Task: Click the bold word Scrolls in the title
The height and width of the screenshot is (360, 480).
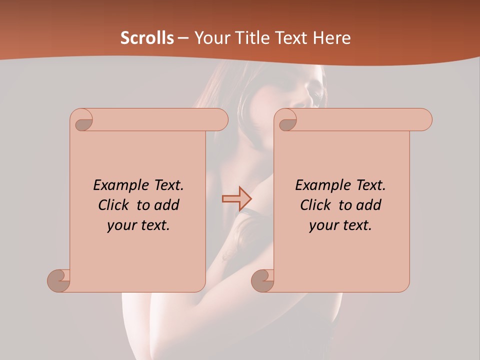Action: pyautogui.click(x=147, y=38)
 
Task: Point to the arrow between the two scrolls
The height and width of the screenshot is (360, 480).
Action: pyautogui.click(x=236, y=198)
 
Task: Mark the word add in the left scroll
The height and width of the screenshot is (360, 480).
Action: pyautogui.click(x=167, y=205)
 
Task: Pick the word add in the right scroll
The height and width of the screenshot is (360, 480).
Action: pyautogui.click(x=369, y=205)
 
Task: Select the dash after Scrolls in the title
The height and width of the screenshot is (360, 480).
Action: pyautogui.click(x=183, y=38)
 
